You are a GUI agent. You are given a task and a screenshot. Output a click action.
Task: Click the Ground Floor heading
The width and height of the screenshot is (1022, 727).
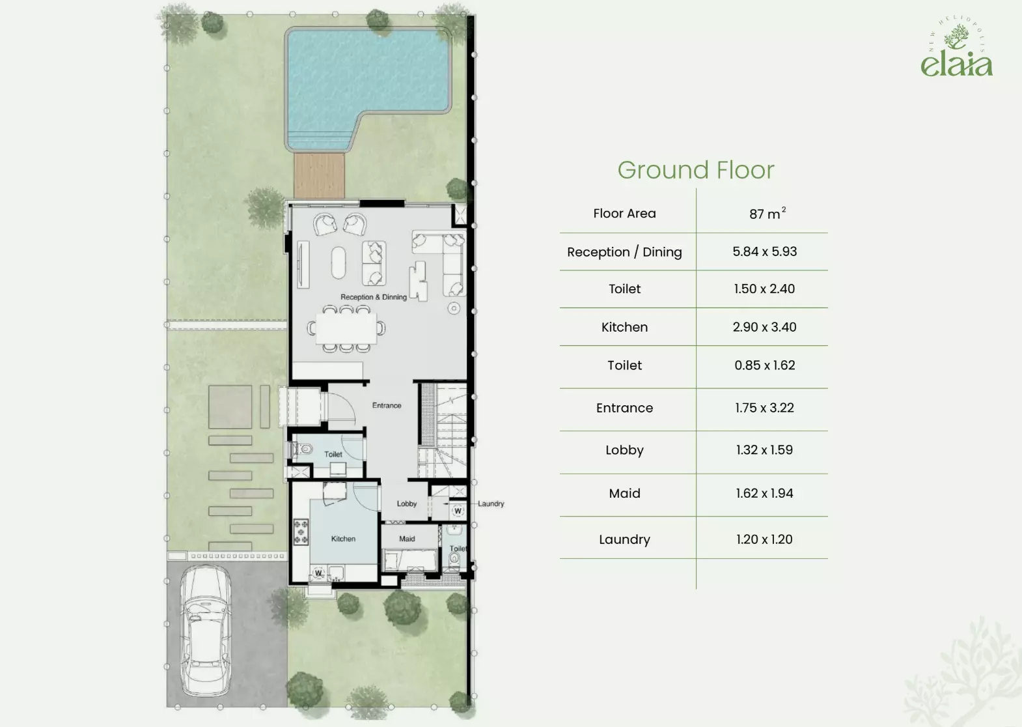tap(696, 170)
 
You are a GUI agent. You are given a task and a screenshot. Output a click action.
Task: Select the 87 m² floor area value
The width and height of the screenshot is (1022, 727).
tap(767, 213)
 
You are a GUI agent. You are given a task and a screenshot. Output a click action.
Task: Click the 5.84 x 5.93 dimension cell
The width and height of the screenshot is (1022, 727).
tap(765, 251)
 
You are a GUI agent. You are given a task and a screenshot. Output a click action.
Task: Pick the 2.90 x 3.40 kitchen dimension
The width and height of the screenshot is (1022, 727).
tap(765, 327)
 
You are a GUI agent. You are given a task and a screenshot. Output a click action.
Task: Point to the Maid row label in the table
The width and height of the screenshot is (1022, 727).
tap(625, 493)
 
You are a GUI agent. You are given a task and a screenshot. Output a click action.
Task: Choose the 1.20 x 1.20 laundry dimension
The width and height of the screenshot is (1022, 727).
tap(764, 539)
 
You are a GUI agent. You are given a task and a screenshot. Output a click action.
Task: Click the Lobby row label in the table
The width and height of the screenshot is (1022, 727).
tap(625, 450)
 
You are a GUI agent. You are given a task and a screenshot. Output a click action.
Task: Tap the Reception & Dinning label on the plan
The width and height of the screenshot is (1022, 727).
tap(373, 297)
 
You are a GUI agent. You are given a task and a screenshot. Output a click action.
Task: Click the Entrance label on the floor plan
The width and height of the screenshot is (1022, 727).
tap(387, 405)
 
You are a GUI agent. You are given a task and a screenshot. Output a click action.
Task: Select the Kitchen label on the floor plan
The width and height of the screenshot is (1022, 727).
tap(343, 539)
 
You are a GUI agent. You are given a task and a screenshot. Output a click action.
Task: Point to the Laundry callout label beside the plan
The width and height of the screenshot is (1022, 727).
tap(491, 504)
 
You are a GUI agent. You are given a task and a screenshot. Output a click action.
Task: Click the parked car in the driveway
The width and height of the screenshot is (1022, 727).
tap(205, 630)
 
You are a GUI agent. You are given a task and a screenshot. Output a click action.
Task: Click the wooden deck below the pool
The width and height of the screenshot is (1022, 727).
tap(319, 176)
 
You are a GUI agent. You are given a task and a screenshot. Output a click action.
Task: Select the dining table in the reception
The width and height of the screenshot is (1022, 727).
tap(346, 328)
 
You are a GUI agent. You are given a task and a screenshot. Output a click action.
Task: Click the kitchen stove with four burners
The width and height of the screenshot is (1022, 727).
tap(301, 532)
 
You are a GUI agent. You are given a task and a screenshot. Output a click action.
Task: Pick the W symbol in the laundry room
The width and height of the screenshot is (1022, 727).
tap(458, 511)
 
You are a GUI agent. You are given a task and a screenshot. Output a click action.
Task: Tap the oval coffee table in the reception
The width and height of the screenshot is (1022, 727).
tap(338, 263)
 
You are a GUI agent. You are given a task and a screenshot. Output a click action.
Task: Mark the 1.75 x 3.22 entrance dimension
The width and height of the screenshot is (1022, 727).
tap(764, 408)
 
